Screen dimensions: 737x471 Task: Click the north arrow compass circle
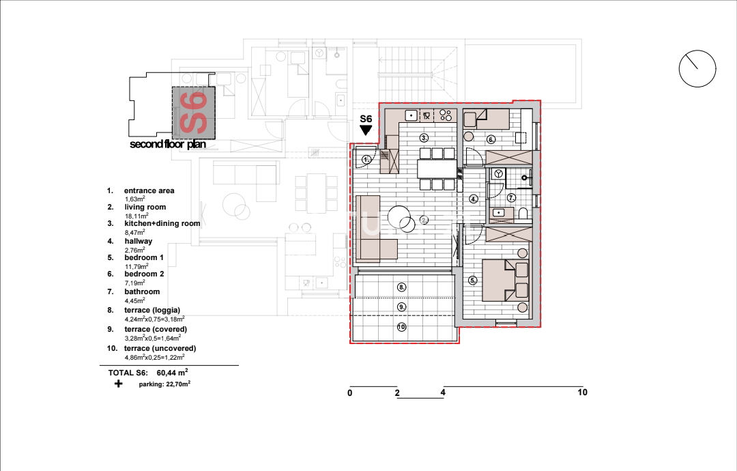(679, 69)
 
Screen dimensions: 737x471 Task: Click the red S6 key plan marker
(194, 113)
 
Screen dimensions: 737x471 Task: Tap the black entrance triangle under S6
(366, 130)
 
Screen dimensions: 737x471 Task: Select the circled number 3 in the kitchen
(424, 138)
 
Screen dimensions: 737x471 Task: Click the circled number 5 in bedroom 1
(473, 280)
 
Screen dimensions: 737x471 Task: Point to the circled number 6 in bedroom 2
(491, 139)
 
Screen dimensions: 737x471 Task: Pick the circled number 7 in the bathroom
(511, 198)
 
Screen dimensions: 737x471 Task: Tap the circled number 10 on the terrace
(401, 327)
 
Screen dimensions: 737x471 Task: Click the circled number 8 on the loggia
(401, 287)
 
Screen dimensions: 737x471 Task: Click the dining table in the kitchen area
(437, 169)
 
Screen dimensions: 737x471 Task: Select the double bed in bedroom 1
(505, 280)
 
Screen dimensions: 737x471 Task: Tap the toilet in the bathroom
(523, 214)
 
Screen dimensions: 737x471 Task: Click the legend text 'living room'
(145, 207)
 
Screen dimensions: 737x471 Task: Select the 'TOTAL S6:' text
(128, 373)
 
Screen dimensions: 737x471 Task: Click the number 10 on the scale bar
(582, 392)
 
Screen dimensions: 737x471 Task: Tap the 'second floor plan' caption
(168, 144)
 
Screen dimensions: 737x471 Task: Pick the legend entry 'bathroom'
(142, 291)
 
